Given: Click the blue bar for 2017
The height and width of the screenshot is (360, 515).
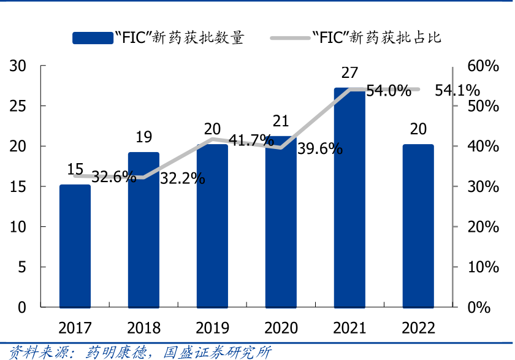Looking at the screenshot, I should tap(75, 245).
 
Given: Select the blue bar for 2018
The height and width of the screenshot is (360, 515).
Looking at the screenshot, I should tap(143, 229).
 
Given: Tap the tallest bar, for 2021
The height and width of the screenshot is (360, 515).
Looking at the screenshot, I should tap(349, 197).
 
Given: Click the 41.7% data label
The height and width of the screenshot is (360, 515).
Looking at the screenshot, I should tap(251, 140).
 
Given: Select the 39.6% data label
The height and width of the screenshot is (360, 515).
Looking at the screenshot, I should tap(319, 148).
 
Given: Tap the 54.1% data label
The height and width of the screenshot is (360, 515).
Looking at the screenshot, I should tap(457, 91).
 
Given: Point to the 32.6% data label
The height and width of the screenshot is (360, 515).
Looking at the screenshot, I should tap(114, 177).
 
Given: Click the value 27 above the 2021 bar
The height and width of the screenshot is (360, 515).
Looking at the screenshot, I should tap(349, 73).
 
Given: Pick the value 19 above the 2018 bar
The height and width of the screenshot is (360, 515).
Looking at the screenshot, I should tap(143, 137).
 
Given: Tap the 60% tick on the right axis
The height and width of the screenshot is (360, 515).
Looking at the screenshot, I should tap(483, 66).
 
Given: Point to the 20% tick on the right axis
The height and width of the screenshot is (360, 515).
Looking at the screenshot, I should tap(483, 227).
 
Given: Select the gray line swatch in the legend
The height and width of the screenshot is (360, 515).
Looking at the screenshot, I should tap(291, 38).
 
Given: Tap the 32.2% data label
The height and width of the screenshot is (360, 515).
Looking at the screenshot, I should tap(182, 178).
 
